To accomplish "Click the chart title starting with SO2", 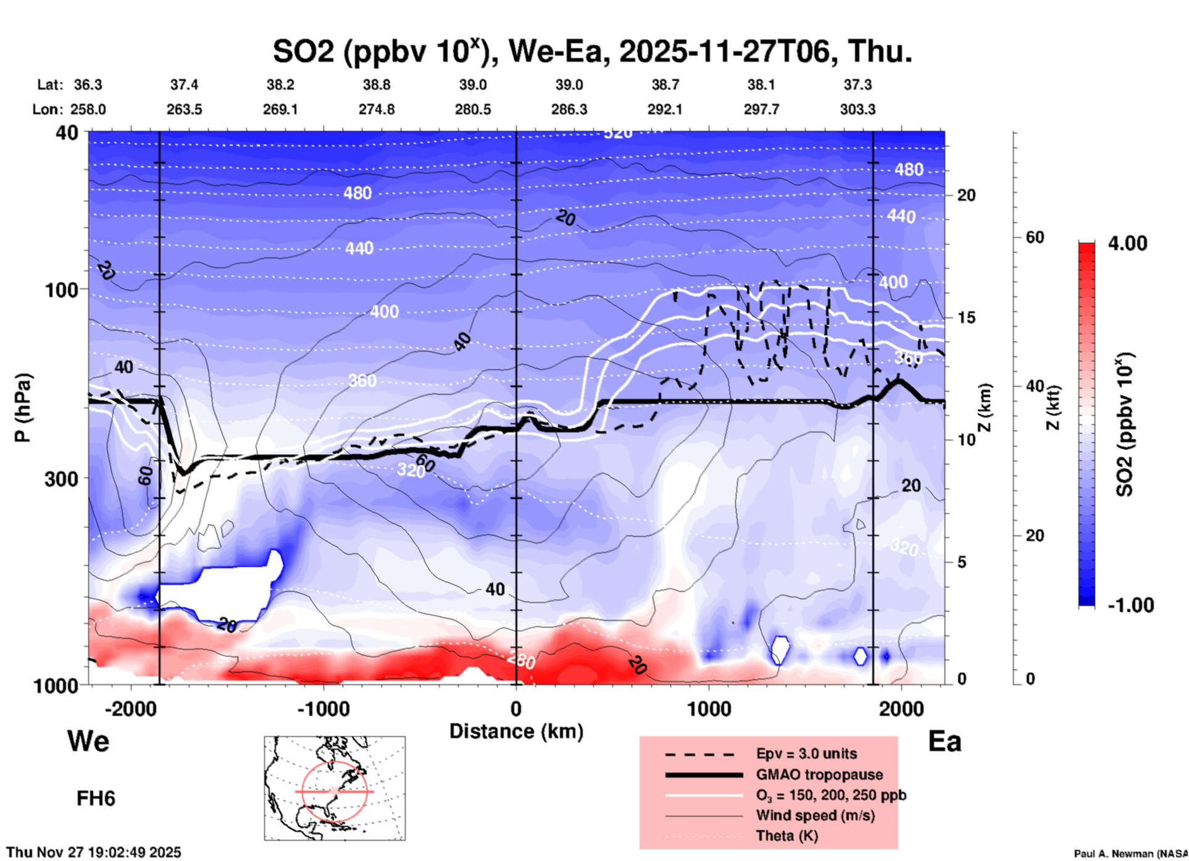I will (592, 52).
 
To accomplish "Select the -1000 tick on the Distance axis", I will (323, 708).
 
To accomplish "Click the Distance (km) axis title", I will (516, 731).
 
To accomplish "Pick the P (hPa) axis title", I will (23, 408).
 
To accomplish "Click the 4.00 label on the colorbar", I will (1127, 243).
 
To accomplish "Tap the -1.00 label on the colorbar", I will (1130, 605).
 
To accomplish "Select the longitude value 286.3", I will (569, 109).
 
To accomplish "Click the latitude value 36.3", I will (88, 85).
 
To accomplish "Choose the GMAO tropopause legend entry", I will (819, 775).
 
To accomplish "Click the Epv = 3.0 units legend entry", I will (806, 754).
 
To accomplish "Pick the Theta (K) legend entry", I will (787, 836).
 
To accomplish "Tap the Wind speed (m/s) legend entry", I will (815, 815).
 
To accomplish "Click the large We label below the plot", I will (88, 741).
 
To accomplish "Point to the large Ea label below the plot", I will (945, 741).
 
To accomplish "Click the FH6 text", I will (96, 799).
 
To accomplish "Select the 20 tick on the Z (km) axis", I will (966, 196).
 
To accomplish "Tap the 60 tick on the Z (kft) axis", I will (1035, 238).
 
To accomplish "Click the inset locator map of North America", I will (335, 788).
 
